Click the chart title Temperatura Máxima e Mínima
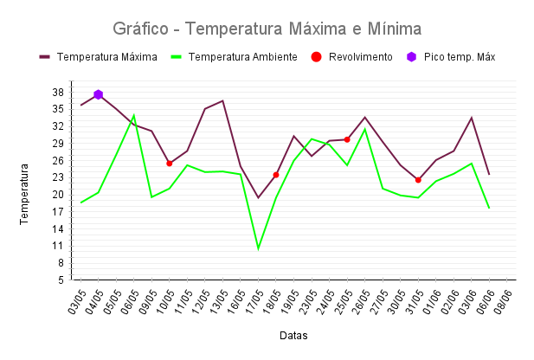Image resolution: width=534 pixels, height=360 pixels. tap(267, 29)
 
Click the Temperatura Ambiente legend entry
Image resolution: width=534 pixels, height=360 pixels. tap(234, 57)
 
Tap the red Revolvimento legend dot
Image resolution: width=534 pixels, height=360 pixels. tap(316, 57)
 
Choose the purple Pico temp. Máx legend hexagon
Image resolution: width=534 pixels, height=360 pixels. tap(412, 57)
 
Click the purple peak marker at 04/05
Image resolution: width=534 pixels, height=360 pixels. tap(99, 94)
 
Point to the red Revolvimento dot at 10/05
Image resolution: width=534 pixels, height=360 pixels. tap(170, 164)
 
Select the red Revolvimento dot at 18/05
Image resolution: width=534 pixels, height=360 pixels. tap(276, 175)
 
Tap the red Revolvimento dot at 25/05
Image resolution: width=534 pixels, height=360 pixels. tap(347, 139)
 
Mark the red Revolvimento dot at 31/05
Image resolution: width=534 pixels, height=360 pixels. tap(418, 180)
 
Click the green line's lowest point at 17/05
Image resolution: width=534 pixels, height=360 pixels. tap(258, 249)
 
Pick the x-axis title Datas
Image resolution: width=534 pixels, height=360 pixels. tap(293, 335)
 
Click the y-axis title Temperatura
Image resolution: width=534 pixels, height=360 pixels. tap(26, 197)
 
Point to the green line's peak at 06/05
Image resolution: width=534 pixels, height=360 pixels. tap(134, 115)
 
